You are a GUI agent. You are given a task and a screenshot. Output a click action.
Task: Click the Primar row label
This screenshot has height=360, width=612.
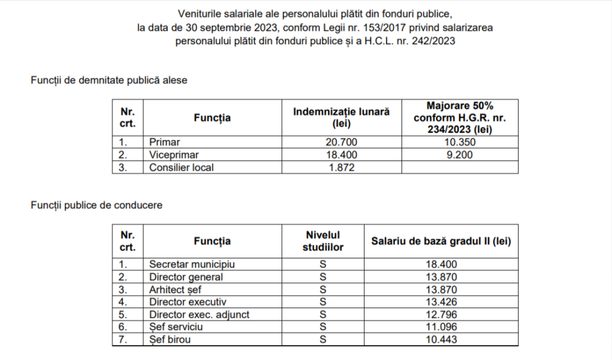165,142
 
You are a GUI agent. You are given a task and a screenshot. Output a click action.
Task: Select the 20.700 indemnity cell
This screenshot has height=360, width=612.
342,142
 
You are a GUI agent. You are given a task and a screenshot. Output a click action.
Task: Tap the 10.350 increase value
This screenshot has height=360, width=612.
460,142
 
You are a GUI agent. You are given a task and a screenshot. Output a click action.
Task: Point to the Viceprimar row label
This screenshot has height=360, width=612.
173,155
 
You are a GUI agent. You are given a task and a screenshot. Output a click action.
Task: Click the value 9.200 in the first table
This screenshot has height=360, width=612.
460,155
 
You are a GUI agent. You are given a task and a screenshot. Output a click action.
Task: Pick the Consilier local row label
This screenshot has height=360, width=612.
181,167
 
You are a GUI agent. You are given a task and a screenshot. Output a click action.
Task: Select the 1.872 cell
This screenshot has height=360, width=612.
342,167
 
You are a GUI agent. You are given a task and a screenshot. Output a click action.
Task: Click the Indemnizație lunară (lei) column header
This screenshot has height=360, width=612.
342,118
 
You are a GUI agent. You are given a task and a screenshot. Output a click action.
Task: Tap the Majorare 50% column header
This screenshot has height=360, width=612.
460,117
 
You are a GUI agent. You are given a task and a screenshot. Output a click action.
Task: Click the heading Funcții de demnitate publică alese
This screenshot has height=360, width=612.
109,81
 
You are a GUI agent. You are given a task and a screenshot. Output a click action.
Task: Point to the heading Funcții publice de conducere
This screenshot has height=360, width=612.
96,205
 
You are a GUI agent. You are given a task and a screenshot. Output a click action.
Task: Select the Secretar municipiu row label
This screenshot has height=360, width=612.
192,264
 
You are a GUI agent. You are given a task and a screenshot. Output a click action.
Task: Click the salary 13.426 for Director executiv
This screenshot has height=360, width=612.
442,302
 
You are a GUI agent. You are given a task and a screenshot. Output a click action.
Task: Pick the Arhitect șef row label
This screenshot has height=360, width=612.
176,289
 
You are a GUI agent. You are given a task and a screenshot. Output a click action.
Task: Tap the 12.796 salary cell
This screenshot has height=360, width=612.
442,315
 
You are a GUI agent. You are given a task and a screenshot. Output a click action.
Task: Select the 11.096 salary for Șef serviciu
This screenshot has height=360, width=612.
442,327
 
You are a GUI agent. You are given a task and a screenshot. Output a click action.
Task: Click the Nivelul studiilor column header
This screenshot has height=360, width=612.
322,241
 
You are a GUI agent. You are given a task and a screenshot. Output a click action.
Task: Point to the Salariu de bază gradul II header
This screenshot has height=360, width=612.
442,241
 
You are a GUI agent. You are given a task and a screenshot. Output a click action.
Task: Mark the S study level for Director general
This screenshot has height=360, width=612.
322,277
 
